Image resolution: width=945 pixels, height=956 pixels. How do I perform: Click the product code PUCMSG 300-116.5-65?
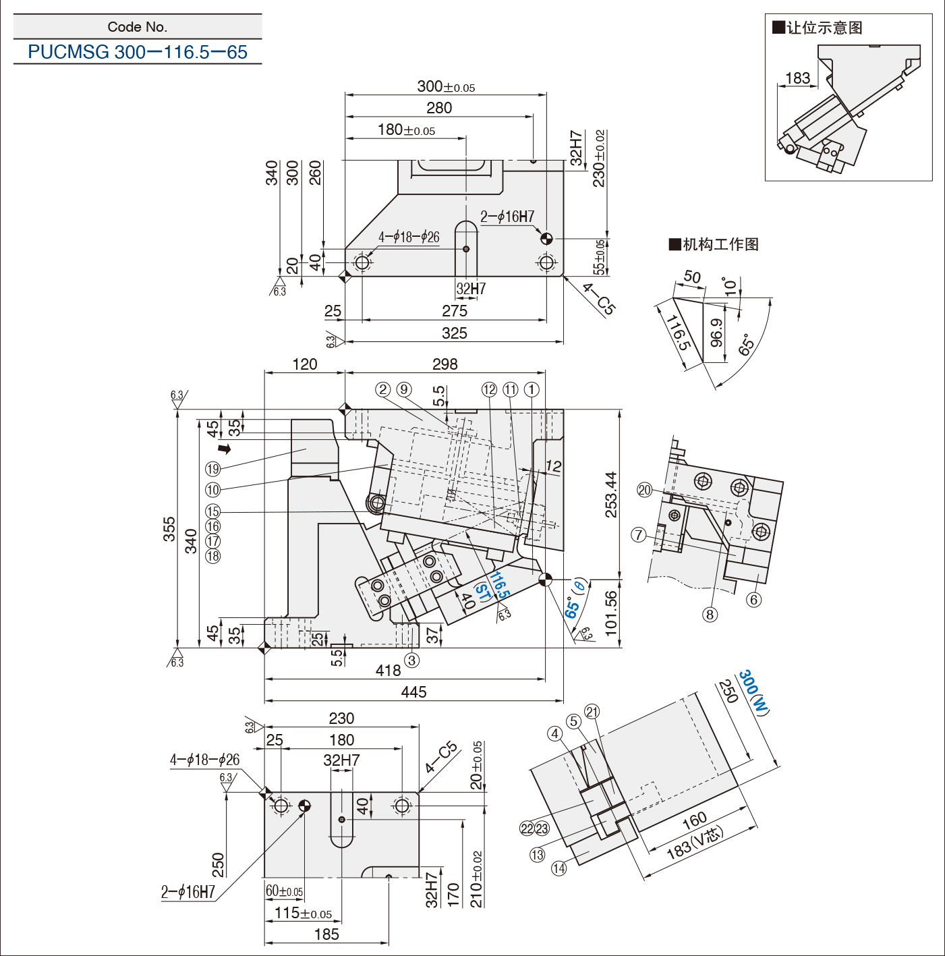138,52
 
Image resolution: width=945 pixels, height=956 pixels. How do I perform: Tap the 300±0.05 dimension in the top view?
446,86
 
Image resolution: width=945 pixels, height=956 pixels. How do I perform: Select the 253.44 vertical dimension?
610,494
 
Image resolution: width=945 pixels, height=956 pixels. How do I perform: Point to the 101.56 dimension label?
610,613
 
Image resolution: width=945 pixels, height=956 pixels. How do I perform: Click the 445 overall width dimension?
413,692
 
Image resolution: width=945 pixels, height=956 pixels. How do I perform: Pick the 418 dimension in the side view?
388,670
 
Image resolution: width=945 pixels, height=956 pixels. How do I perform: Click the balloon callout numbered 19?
213,468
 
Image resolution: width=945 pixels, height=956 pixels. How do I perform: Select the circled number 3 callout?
411,660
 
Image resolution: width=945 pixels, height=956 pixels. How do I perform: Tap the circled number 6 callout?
753,600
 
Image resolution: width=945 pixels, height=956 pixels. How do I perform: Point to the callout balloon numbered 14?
559,868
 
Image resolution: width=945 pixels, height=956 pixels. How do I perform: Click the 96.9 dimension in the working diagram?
716,333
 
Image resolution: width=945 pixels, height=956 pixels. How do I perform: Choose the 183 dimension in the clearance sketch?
798,78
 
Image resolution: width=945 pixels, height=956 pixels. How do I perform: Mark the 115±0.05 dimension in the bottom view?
303,912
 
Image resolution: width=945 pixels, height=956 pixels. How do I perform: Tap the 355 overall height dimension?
170,529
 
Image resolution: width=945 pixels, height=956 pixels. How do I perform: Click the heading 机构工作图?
714,244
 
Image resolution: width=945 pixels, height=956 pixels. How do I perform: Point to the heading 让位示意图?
818,27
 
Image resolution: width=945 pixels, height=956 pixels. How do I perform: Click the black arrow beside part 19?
225,449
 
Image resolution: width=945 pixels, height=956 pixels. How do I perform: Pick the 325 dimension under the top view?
455,333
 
